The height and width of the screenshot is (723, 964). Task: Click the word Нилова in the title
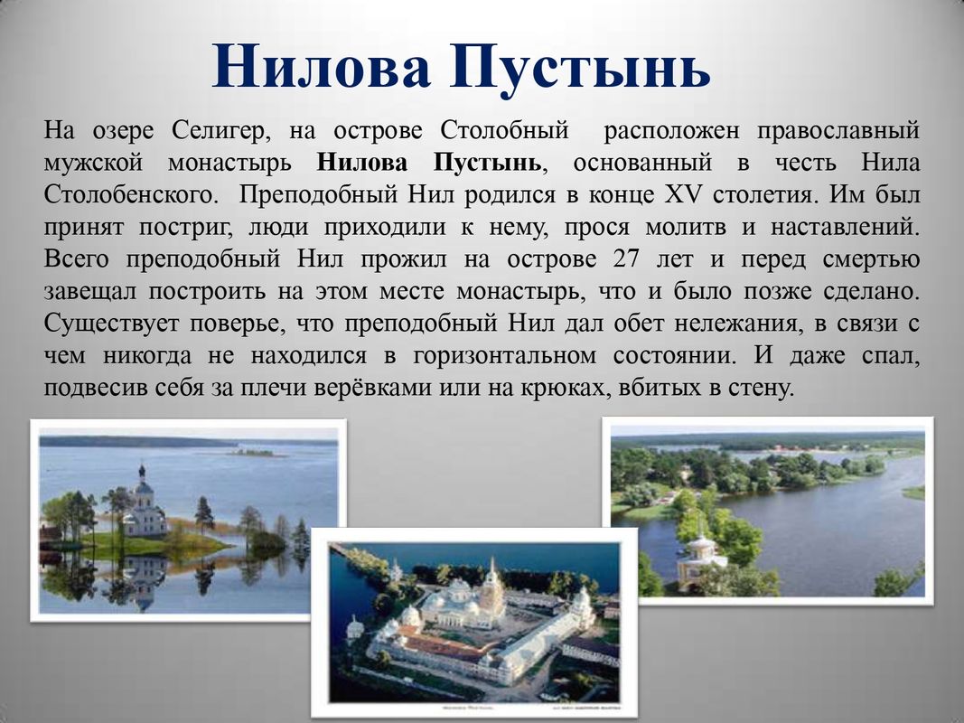pos(320,66)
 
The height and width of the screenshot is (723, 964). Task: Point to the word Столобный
pos(504,130)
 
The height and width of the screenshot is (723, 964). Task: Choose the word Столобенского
pos(131,195)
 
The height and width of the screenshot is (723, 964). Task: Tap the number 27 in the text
pos(626,258)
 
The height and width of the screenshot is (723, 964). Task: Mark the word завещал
pos(89,291)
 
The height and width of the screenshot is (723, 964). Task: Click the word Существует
pos(110,324)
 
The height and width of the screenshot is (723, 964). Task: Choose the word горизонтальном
pos(504,355)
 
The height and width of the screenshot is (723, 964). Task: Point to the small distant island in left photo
pos(253,453)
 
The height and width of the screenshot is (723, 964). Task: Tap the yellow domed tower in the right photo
pos(700,553)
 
